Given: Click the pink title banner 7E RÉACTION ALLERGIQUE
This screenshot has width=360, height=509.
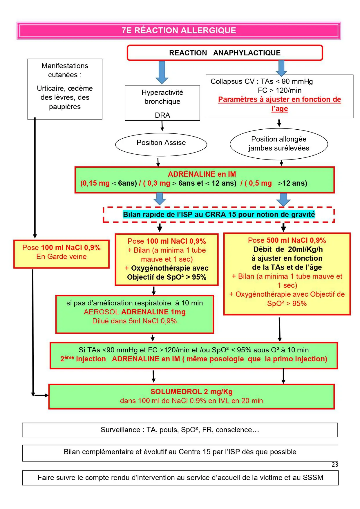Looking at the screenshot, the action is click(179, 30).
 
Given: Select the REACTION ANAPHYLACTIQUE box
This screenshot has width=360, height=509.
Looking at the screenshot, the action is click(225, 53).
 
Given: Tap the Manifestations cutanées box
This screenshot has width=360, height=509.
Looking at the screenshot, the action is click(65, 89).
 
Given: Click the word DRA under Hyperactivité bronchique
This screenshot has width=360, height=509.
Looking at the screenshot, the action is click(162, 115).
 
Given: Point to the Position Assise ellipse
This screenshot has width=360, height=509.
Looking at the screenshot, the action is click(161, 144).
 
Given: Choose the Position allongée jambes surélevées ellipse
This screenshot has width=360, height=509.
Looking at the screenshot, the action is click(279, 144).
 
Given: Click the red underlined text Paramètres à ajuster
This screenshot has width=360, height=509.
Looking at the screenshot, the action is click(279, 104).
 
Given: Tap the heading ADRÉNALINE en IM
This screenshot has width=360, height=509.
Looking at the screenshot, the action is click(202, 174).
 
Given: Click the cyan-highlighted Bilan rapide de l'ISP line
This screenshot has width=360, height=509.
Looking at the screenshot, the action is click(219, 214).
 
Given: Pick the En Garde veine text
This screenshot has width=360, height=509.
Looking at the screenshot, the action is click(61, 257).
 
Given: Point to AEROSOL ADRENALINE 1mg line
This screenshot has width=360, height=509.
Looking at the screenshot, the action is click(135, 312).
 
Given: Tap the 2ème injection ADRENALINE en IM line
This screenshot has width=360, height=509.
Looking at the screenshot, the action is click(193, 359).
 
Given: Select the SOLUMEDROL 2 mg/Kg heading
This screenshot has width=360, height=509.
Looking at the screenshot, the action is click(191, 392).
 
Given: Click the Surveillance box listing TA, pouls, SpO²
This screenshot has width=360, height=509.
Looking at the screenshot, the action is click(180, 430).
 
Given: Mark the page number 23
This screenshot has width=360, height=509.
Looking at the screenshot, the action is click(335, 465).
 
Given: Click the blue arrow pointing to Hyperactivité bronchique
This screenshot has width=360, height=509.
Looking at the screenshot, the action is click(162, 72).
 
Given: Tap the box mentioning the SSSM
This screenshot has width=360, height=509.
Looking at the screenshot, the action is click(180, 478).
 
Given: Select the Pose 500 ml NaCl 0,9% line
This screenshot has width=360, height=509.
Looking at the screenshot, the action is click(287, 240).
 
